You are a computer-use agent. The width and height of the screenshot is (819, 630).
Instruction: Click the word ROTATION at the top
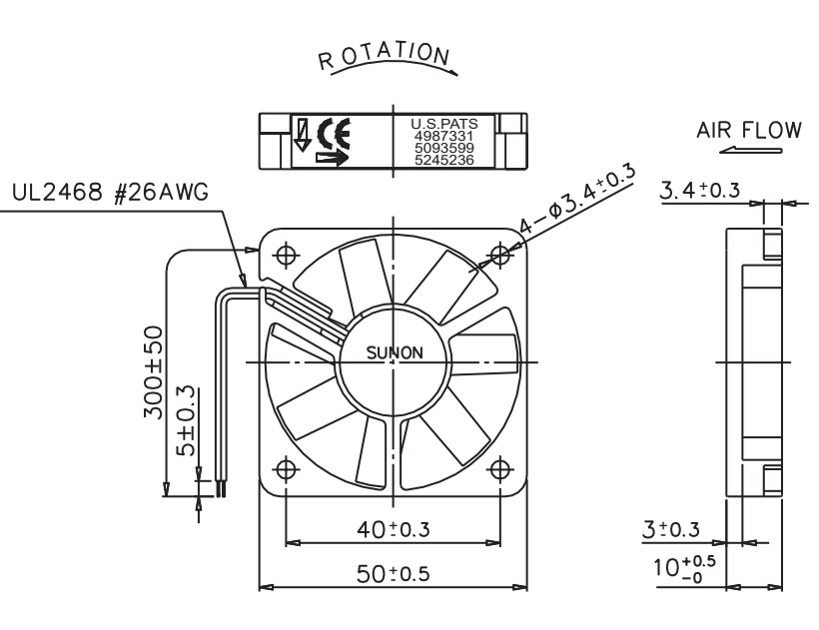click(384, 56)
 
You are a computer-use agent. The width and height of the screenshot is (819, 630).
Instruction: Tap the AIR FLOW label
click(748, 130)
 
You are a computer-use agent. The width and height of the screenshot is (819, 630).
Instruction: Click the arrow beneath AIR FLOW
click(750, 151)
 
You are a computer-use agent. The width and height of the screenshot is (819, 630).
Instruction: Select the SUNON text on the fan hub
click(395, 352)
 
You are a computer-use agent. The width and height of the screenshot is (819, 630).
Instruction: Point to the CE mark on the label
click(334, 134)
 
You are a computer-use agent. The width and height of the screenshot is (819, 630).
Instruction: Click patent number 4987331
click(444, 136)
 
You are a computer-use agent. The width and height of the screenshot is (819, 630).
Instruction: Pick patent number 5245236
click(444, 160)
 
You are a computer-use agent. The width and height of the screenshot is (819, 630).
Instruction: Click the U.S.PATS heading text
click(444, 124)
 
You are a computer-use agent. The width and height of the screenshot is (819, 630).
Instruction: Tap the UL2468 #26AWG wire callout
click(110, 192)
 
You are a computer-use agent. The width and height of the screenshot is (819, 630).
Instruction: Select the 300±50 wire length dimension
click(153, 371)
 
